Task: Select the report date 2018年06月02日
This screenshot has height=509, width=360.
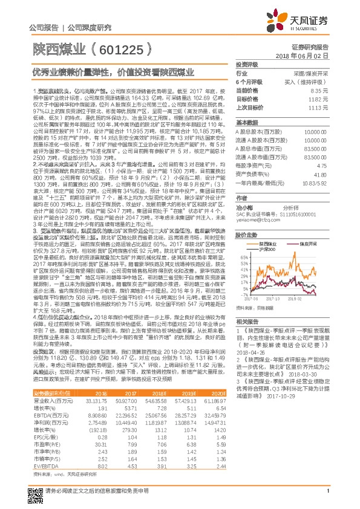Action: pyautogui.click(x=309, y=55)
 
